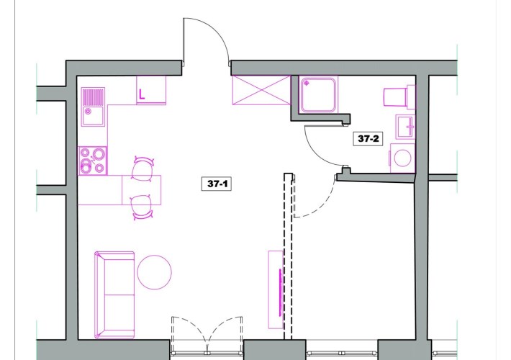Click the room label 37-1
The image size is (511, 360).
[217, 184]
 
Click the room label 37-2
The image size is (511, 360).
[368, 138]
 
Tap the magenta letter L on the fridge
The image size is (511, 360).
[142, 94]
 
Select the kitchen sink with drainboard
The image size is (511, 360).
[93, 107]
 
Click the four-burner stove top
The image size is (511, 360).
[93, 161]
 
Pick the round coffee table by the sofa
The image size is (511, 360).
[155, 272]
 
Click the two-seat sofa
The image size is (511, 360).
[114, 295]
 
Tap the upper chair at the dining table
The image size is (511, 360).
[143, 168]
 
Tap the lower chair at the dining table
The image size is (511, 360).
[142, 207]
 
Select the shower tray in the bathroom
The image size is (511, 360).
[318, 94]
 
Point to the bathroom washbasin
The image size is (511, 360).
[405, 127]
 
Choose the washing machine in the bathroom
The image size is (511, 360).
[403, 158]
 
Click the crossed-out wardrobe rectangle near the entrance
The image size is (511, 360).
[261, 90]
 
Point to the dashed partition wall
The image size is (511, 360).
[288, 256]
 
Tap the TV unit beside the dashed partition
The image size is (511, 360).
[276, 289]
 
